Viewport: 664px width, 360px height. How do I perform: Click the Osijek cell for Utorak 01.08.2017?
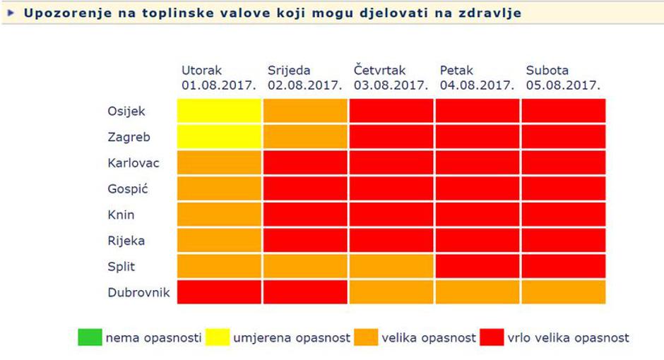click(219, 111)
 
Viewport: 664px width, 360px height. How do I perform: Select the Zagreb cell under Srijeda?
click(305, 137)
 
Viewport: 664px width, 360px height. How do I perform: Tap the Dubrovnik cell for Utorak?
click(219, 292)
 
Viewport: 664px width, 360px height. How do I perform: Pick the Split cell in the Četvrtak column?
click(391, 266)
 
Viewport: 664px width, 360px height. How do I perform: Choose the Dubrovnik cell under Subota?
click(564, 292)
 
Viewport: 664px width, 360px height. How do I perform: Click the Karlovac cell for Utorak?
click(219, 162)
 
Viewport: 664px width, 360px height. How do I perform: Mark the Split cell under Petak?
click(478, 266)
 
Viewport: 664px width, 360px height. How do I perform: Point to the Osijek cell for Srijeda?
click(305, 111)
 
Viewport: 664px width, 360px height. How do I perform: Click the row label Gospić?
click(127, 189)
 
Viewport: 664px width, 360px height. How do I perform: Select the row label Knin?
click(121, 215)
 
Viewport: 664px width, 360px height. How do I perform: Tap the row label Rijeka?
click(126, 241)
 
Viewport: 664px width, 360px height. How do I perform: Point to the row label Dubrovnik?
click(138, 292)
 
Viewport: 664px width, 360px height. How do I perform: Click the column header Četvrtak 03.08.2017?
click(391, 78)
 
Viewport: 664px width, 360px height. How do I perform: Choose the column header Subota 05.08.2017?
click(563, 78)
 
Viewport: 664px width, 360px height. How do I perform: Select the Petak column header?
click(477, 78)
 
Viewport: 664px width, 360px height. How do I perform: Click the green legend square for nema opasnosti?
click(90, 337)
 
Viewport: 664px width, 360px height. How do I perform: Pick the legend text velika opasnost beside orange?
click(429, 338)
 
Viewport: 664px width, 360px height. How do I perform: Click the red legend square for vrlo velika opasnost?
click(492, 337)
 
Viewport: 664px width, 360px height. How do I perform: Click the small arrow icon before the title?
click(11, 13)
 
